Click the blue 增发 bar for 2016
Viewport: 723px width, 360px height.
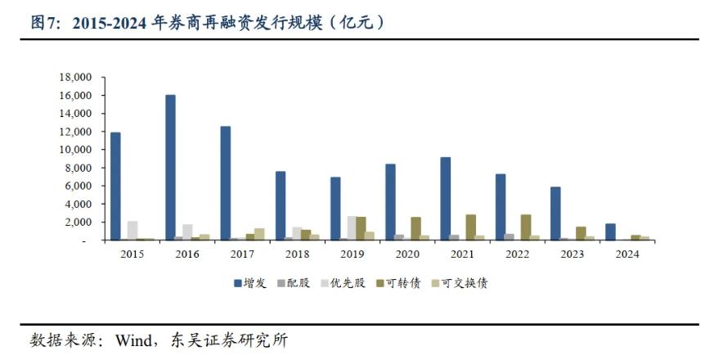[x=170, y=168]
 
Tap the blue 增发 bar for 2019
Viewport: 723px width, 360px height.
[x=335, y=209]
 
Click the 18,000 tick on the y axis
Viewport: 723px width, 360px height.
[x=76, y=78]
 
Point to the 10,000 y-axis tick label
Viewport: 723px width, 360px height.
[x=76, y=150]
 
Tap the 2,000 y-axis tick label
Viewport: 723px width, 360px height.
[x=79, y=223]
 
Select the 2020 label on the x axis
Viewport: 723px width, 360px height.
[x=406, y=254]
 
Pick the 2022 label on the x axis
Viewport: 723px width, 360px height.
[x=516, y=254]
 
